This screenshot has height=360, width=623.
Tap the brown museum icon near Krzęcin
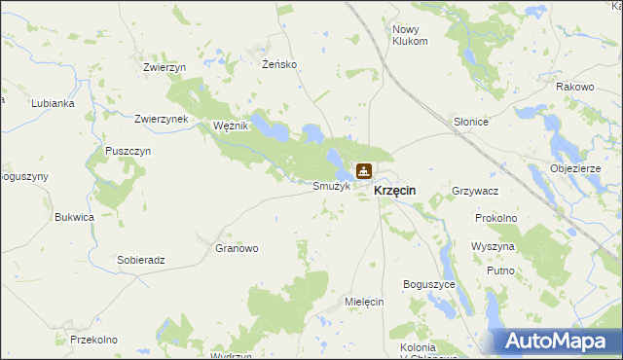363,172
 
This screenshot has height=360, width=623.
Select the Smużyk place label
330,186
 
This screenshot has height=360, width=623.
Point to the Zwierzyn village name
164,67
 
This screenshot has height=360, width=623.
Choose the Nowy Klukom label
410,36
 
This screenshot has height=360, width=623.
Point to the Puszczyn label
128,153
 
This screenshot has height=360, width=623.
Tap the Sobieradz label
141,261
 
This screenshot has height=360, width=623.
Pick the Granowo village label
237,248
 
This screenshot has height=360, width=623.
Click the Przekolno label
93,340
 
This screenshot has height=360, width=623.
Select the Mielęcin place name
365,302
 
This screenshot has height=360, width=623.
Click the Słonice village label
471,123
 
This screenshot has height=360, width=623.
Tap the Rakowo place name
574,87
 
